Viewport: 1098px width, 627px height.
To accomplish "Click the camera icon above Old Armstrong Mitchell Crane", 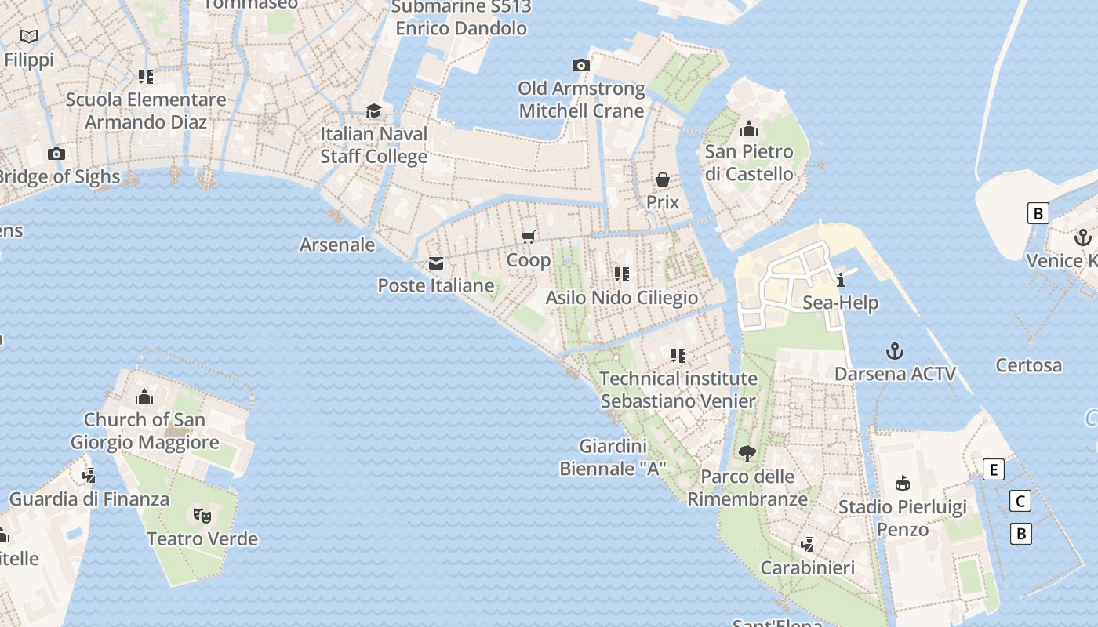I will pyautogui.click(x=581, y=65).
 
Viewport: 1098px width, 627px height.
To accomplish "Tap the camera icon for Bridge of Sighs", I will pyautogui.click(x=56, y=154).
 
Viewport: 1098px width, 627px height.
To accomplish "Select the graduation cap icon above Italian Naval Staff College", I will pyautogui.click(x=374, y=111).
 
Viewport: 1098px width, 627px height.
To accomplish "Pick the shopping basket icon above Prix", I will pyautogui.click(x=663, y=179).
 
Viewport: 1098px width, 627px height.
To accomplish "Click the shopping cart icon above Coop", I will pyautogui.click(x=529, y=237).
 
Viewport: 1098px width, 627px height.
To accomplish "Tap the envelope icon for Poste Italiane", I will pyautogui.click(x=436, y=263).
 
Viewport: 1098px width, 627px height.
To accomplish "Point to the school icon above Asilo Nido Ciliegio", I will pyautogui.click(x=622, y=274).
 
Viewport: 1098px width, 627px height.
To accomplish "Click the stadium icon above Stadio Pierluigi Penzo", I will pyautogui.click(x=903, y=483).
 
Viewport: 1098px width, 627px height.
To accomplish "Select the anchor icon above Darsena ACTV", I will pyautogui.click(x=895, y=350).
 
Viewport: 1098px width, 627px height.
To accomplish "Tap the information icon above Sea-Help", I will pyautogui.click(x=841, y=280).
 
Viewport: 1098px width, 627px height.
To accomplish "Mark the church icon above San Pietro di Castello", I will pyautogui.click(x=749, y=128).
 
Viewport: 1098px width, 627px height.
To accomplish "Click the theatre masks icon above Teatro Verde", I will pyautogui.click(x=202, y=515).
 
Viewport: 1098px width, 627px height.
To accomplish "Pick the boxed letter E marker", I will pyautogui.click(x=994, y=469).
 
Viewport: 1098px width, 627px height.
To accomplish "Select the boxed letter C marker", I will pyautogui.click(x=1020, y=501).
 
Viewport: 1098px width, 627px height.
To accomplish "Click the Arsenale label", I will pyautogui.click(x=337, y=245).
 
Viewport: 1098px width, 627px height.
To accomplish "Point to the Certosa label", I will pyautogui.click(x=1029, y=365).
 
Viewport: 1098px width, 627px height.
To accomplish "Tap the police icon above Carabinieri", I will pyautogui.click(x=808, y=544).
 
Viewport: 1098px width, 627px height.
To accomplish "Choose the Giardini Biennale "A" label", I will pyautogui.click(x=613, y=458).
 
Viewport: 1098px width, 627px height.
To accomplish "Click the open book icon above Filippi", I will pyautogui.click(x=29, y=36).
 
